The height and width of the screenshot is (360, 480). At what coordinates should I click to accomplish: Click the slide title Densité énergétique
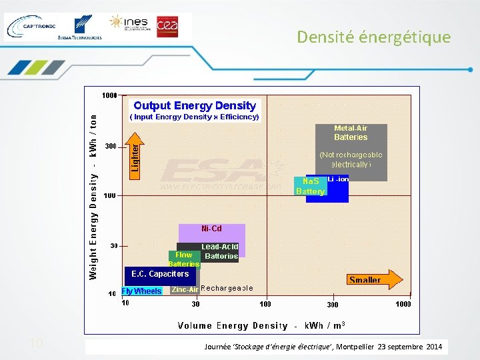[x=373, y=37]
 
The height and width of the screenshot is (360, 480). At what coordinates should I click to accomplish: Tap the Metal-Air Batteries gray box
[x=351, y=152]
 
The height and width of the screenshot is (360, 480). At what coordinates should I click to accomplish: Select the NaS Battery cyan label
[x=311, y=186]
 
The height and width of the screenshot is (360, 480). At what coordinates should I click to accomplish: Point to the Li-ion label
[x=338, y=179]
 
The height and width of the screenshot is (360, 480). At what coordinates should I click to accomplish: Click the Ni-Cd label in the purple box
[x=211, y=229]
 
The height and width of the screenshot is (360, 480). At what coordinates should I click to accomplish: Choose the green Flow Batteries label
[x=184, y=259]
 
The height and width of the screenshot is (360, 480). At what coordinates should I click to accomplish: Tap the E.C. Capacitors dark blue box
[x=160, y=274]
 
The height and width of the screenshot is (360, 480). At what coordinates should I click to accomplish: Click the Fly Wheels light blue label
[x=141, y=291]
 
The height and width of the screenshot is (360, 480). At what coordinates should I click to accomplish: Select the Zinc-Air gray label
[x=185, y=289]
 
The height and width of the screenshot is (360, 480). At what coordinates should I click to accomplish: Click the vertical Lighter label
[x=135, y=157]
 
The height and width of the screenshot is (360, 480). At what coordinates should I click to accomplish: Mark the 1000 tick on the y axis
[x=109, y=95]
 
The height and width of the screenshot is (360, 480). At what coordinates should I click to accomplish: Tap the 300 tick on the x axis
[x=332, y=305]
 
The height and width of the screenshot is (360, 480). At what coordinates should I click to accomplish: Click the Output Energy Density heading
[x=195, y=105]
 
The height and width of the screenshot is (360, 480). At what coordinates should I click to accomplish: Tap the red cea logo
[x=167, y=24]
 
